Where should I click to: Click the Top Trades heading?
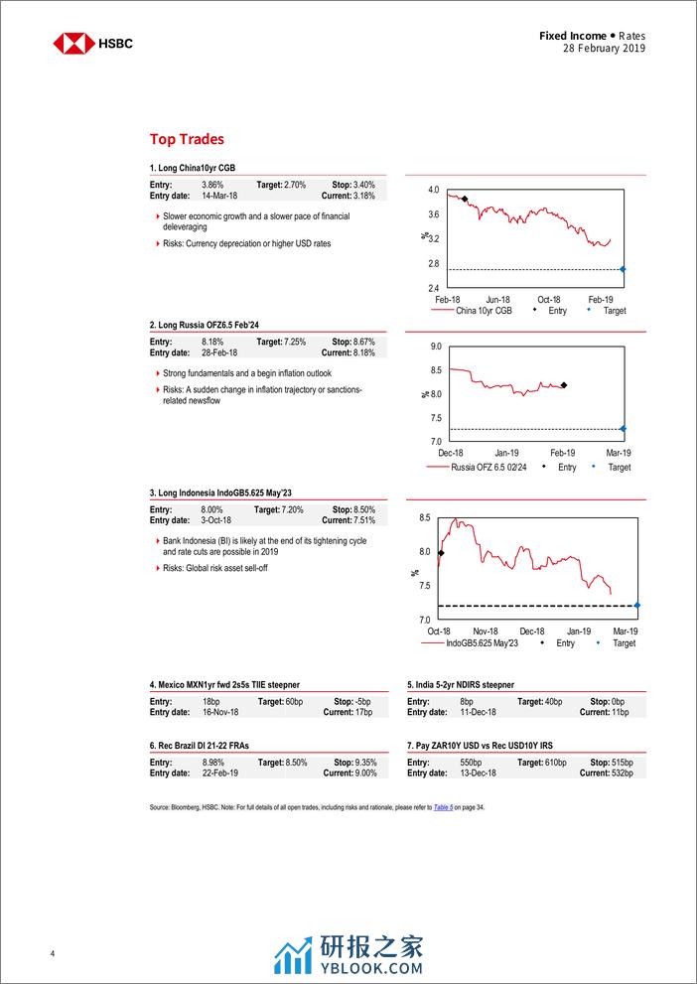click(x=187, y=140)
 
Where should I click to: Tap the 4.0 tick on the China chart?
click(x=433, y=190)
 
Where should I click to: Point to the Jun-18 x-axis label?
click(x=497, y=299)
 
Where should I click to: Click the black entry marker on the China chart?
click(x=464, y=200)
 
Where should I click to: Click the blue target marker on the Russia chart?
click(x=623, y=429)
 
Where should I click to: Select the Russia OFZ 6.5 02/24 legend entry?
click(x=485, y=467)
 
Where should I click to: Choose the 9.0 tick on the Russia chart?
click(x=435, y=347)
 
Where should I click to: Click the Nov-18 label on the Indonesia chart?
click(x=485, y=632)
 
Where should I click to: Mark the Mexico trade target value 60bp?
click(x=294, y=701)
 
